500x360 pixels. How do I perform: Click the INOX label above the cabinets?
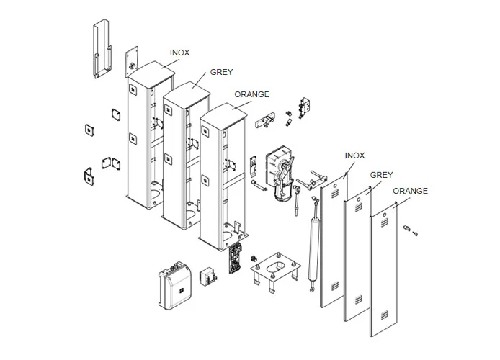pyautogui.click(x=179, y=53)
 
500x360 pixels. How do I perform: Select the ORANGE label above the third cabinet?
pyautogui.click(x=252, y=94)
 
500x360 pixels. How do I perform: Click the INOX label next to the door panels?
pyautogui.click(x=354, y=156)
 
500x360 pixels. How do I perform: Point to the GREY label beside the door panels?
pyautogui.click(x=381, y=175)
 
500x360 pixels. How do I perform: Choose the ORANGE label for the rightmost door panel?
pyautogui.click(x=410, y=191)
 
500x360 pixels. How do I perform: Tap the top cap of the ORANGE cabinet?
pyautogui.click(x=225, y=112)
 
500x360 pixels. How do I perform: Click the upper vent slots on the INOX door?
pyautogui.click(x=333, y=194)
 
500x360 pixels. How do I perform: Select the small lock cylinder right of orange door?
pyautogui.click(x=410, y=230)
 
